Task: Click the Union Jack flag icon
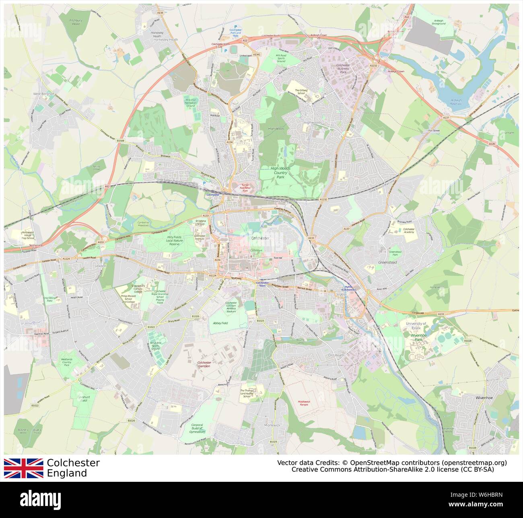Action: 24,468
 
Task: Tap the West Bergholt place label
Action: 43,94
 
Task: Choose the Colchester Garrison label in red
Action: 204,364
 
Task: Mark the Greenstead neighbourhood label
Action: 387,262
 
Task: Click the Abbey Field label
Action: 220,323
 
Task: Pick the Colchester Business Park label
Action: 343,69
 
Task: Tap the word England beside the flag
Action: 67,473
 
